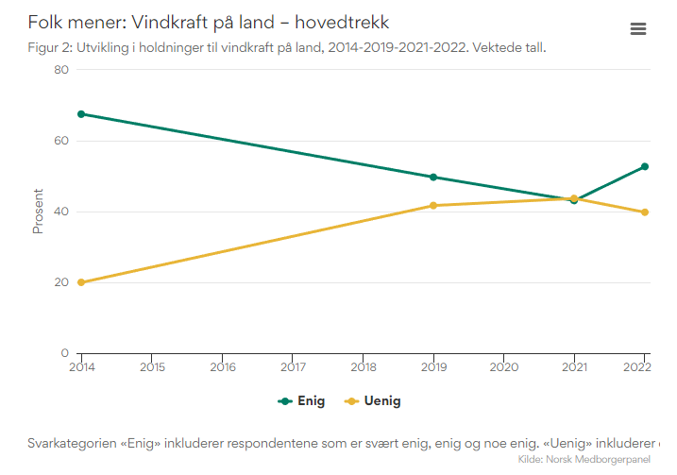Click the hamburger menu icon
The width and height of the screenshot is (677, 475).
point(637,28)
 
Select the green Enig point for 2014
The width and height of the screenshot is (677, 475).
point(81,114)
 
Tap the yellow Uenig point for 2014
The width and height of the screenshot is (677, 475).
point(81,282)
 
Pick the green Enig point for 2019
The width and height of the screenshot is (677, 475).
point(433,177)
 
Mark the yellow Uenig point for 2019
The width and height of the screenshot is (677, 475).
point(433,205)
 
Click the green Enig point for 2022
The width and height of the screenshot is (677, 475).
point(645,166)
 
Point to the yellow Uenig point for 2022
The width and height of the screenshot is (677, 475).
point(645,212)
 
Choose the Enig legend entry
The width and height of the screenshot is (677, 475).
point(301,401)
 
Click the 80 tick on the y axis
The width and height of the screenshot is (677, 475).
point(61,70)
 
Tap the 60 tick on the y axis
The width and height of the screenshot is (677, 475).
point(61,141)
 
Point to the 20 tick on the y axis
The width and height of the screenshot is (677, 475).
point(61,282)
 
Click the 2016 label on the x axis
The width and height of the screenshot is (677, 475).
point(223,366)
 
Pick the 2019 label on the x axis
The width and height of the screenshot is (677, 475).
point(433,366)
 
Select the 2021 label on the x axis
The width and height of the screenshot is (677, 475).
point(574,366)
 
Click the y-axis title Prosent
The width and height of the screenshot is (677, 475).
point(39,212)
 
